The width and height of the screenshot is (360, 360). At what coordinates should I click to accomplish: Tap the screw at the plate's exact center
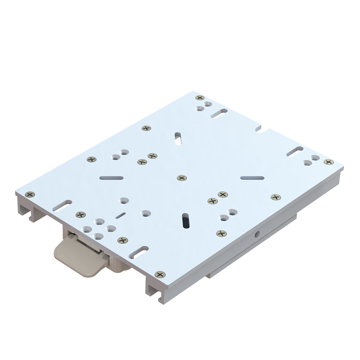tap(182, 178)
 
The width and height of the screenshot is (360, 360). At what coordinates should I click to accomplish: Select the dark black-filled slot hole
tap(185, 220)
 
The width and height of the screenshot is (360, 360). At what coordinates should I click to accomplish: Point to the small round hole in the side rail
tap(257, 234)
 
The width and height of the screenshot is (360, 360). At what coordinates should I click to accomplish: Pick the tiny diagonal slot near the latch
tap(121, 215)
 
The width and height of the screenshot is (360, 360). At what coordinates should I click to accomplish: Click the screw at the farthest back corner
tap(200, 98)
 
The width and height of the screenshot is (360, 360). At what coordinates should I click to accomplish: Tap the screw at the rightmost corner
tap(328, 162)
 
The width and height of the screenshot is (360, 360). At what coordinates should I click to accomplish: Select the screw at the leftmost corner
tap(30, 194)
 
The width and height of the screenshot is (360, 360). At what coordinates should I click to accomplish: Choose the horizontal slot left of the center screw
tap(112, 178)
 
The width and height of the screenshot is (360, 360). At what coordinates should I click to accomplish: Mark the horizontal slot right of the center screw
tap(252, 178)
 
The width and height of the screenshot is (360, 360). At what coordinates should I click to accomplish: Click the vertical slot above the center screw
tap(178, 139)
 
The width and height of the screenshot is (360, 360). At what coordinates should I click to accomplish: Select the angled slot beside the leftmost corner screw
tap(62, 206)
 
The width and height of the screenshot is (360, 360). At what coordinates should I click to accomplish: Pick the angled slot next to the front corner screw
tap(139, 252)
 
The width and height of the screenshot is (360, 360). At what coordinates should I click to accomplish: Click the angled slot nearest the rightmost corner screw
tap(295, 151)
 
